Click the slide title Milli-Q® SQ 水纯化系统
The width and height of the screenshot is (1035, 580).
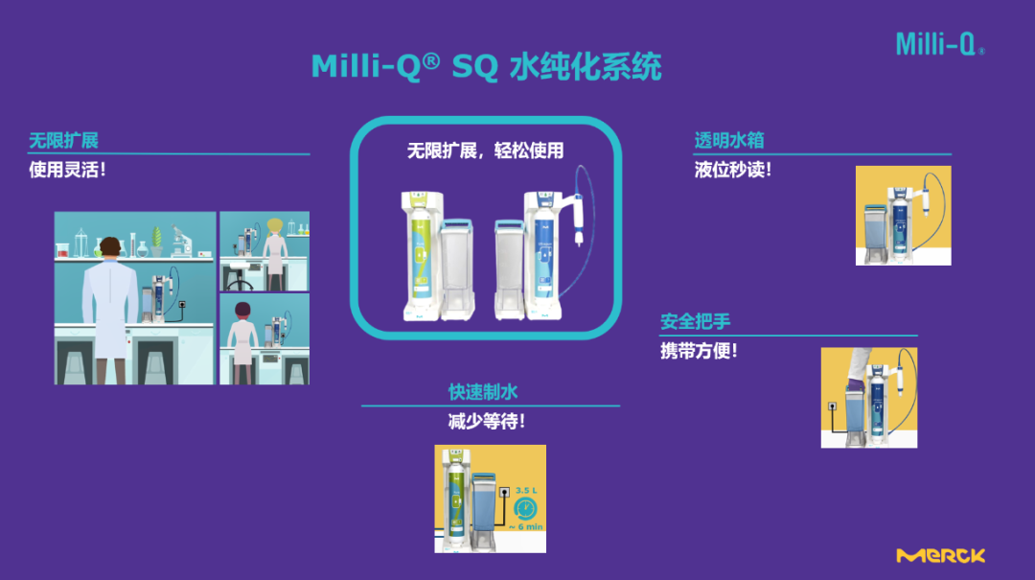coord(486,67)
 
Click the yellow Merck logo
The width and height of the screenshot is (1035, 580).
coord(940,556)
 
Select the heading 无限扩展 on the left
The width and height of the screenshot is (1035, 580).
coord(63,141)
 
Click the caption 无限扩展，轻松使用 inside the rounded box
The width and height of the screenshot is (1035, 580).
coord(485,151)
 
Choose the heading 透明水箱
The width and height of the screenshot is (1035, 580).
coord(728,141)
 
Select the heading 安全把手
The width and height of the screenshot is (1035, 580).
coord(695,321)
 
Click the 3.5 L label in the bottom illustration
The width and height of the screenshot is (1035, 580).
coord(524,491)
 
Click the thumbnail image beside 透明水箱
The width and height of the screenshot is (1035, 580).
coord(903,216)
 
